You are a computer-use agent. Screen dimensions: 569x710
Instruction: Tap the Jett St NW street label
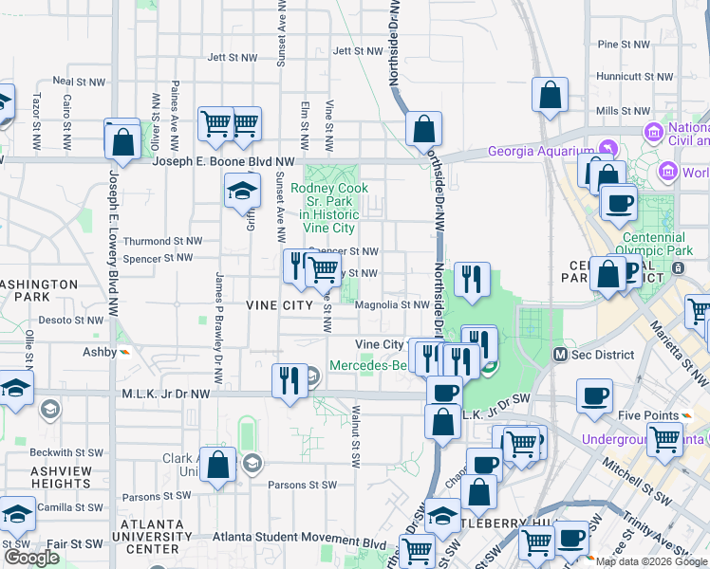(232, 57)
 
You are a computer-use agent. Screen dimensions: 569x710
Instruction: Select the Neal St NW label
(77, 82)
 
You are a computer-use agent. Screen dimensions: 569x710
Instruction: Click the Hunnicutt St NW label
(622, 77)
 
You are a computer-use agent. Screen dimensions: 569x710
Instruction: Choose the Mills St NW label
(621, 111)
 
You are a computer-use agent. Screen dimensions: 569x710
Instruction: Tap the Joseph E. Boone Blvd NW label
(216, 163)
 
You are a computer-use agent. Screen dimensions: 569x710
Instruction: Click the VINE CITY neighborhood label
(278, 305)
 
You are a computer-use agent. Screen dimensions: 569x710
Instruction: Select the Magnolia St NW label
(392, 305)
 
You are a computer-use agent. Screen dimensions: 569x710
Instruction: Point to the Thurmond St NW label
(162, 242)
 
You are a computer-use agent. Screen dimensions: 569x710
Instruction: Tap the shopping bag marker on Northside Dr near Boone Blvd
(423, 130)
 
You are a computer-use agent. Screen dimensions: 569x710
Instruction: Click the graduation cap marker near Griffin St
(243, 191)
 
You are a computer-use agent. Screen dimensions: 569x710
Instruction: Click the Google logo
(31, 558)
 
